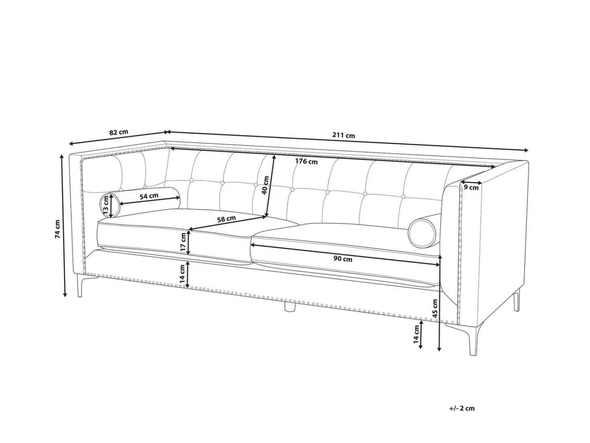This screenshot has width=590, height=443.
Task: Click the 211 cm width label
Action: pos(344,135)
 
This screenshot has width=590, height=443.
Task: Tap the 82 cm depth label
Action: pos(119,132)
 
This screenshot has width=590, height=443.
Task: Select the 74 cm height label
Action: pos(57,229)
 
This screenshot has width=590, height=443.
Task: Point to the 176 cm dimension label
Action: pos(306,161)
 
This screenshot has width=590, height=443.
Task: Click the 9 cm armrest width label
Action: pos(471,188)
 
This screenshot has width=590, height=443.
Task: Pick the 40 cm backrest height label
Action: pos(265,185)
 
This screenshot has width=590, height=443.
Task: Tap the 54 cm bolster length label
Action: pos(149,196)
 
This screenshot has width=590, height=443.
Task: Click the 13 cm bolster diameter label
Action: pos(106,206)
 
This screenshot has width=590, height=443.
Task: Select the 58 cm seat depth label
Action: pos(226,218)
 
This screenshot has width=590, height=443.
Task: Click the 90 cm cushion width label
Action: pos(343,259)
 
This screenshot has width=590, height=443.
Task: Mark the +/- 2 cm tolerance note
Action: pos(462,408)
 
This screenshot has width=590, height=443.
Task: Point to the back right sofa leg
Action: pos(517,300)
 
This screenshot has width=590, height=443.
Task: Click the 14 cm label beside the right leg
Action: pos(416,334)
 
